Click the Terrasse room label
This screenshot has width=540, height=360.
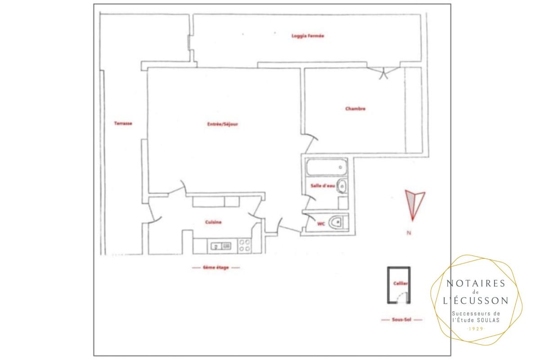tap(123, 123)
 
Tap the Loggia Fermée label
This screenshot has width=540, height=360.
tap(308, 36)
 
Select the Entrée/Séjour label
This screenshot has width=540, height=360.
tap(222, 124)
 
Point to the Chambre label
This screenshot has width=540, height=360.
tap(355, 109)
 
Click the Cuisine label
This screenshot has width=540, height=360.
tap(213, 222)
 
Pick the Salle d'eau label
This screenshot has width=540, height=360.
tap(323, 186)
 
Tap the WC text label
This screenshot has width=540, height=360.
tap(321, 224)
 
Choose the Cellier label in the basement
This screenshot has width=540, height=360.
tap(400, 283)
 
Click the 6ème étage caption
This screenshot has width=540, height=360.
tap(216, 267)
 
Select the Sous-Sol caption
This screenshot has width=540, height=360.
tap(401, 320)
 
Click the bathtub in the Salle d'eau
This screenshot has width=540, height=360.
tap(326, 167)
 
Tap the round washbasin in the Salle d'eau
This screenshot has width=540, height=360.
tap(342, 186)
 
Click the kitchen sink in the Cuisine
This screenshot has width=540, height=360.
tap(221, 246)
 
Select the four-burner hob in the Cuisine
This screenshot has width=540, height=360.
tap(244, 246)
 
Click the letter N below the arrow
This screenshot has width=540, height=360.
tap(409, 233)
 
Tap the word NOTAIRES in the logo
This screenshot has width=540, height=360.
tap(476, 283)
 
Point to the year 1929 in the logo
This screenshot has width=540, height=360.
tap(476, 329)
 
